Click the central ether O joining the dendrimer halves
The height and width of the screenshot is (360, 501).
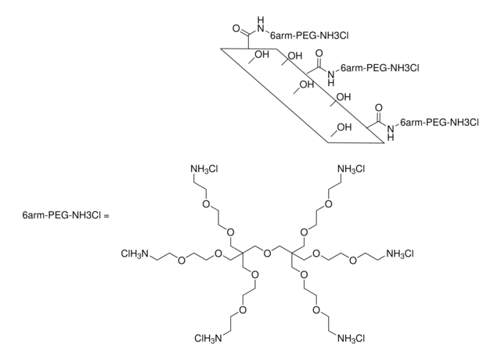coord(268,253)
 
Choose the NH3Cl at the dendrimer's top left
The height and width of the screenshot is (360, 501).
coord(205,168)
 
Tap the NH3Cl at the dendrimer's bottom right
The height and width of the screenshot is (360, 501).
coord(351,337)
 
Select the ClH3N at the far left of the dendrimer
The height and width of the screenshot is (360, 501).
coord(138,253)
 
